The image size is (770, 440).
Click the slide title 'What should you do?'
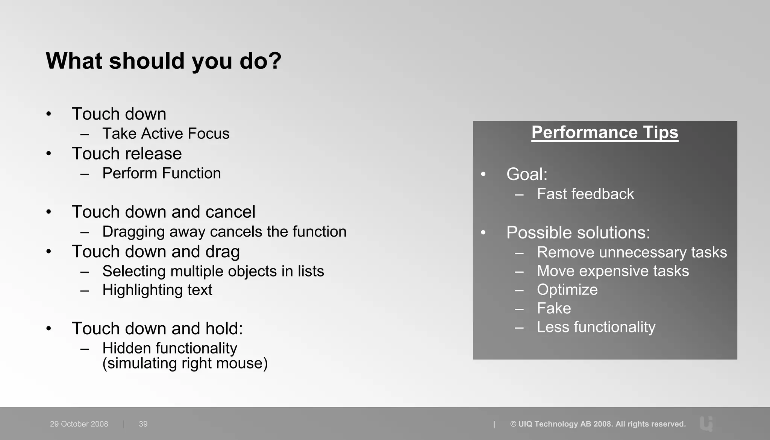(164, 61)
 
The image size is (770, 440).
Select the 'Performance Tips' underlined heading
(605, 132)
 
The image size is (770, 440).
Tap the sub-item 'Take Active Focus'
(165, 134)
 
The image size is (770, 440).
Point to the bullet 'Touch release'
(127, 153)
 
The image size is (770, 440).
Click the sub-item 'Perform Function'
(161, 173)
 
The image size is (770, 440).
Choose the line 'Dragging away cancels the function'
(224, 232)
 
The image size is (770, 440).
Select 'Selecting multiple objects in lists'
(213, 271)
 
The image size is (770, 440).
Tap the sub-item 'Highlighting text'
(157, 290)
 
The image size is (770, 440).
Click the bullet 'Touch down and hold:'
(157, 328)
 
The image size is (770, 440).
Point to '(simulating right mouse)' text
(185, 364)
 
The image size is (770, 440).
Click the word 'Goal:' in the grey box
(527, 174)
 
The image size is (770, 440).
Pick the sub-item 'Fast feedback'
(585, 194)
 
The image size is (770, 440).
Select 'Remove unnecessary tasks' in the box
(632, 252)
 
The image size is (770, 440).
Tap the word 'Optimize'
(567, 290)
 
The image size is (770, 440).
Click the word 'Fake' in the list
(554, 308)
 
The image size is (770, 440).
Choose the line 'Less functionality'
(596, 327)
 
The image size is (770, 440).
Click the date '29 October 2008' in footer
(79, 424)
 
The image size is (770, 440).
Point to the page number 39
(143, 424)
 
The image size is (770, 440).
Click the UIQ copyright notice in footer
(598, 424)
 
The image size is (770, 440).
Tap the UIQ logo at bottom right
(706, 424)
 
